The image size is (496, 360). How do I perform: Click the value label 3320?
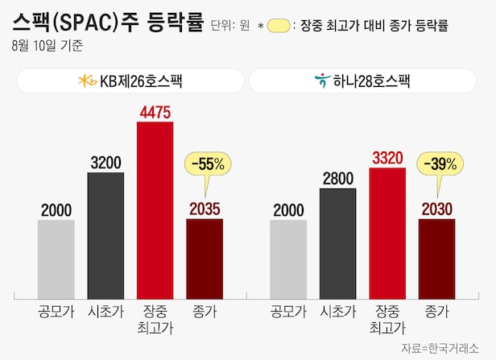(x=387, y=159)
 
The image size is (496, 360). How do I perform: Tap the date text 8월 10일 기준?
(x=47, y=47)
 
